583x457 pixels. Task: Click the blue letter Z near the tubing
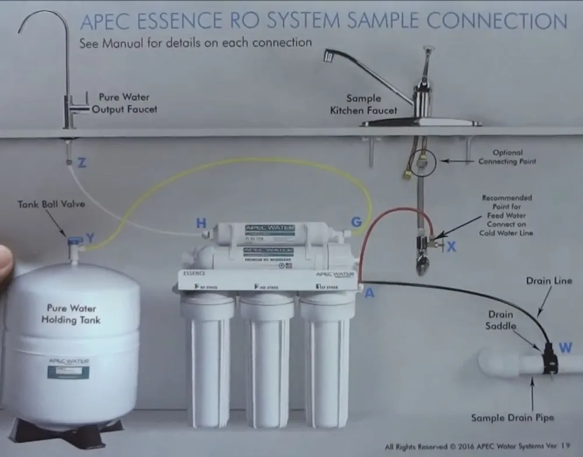click(82, 163)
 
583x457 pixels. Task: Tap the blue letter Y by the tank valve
click(90, 238)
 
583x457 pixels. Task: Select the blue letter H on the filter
click(201, 223)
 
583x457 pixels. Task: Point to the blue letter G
click(356, 222)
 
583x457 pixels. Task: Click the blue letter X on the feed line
click(451, 247)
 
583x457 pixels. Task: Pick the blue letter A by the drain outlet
click(369, 293)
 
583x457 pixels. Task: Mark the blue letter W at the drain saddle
click(565, 348)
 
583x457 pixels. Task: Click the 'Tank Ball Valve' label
click(51, 205)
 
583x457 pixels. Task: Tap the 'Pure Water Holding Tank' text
click(71, 314)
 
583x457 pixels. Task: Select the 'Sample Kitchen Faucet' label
click(363, 104)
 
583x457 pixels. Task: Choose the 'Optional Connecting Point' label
click(507, 157)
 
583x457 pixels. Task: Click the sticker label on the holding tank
click(68, 368)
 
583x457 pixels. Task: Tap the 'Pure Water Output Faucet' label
click(124, 103)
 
